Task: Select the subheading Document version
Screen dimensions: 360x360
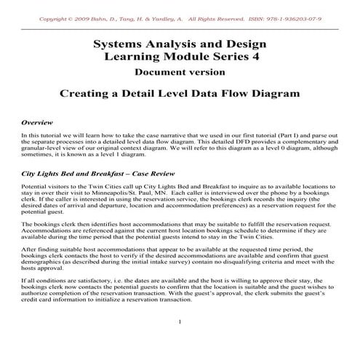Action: point(179,71)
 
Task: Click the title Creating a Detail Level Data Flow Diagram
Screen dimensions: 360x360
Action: point(179,94)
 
